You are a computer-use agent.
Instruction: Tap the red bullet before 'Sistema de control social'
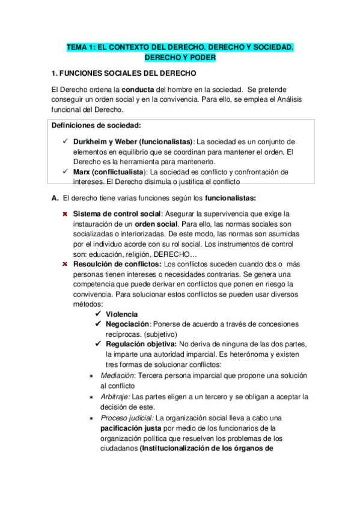(65, 214)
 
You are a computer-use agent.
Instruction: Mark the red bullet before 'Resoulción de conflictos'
(65, 264)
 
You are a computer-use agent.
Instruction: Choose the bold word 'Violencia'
(121, 315)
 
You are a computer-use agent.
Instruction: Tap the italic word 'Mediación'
(118, 376)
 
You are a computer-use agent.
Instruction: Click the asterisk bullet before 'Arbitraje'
(91, 397)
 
